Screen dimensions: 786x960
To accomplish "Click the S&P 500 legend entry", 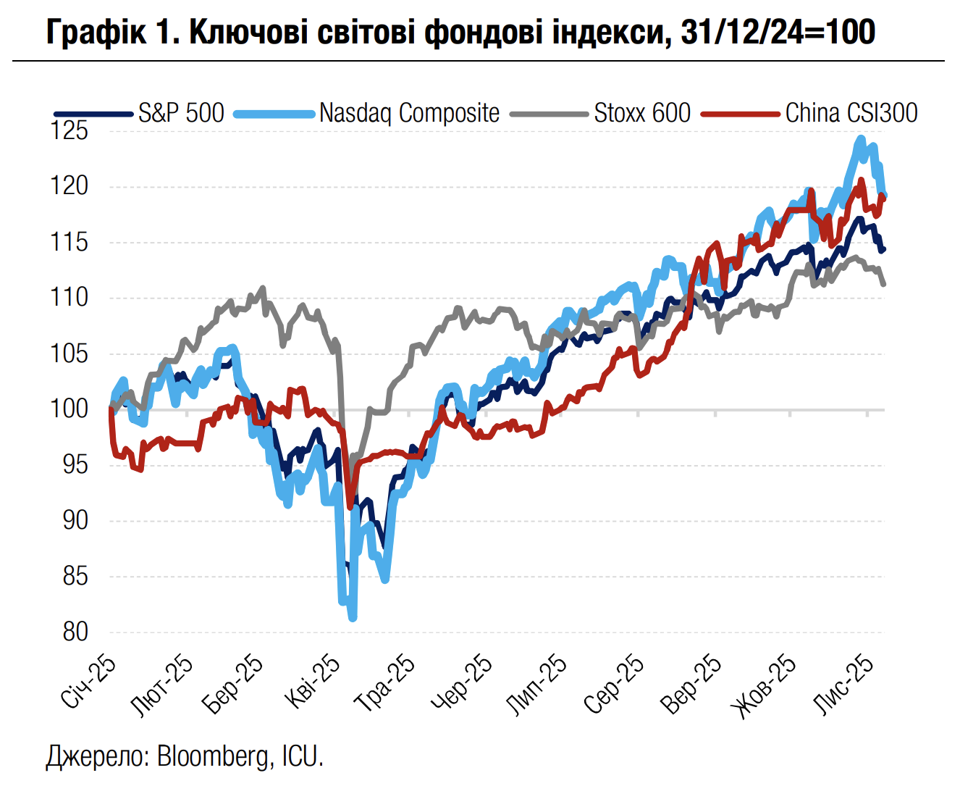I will (181, 113).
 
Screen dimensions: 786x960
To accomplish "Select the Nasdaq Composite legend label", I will (409, 113).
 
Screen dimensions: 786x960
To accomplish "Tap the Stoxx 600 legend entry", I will (642, 113).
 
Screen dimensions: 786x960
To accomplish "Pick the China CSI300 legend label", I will (851, 113).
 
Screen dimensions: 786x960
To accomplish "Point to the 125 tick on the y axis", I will (70, 131).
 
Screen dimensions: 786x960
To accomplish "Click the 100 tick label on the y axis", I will (70, 409).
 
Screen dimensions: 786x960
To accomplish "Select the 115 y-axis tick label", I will (70, 242).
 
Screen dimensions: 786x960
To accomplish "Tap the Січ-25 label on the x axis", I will (88, 682).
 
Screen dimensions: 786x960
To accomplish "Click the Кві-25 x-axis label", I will (312, 682).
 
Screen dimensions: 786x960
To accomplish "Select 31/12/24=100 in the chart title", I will (778, 32).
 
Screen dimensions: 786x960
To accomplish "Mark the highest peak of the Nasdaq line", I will (861, 138).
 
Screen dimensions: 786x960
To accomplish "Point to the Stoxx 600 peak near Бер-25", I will (263, 288).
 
